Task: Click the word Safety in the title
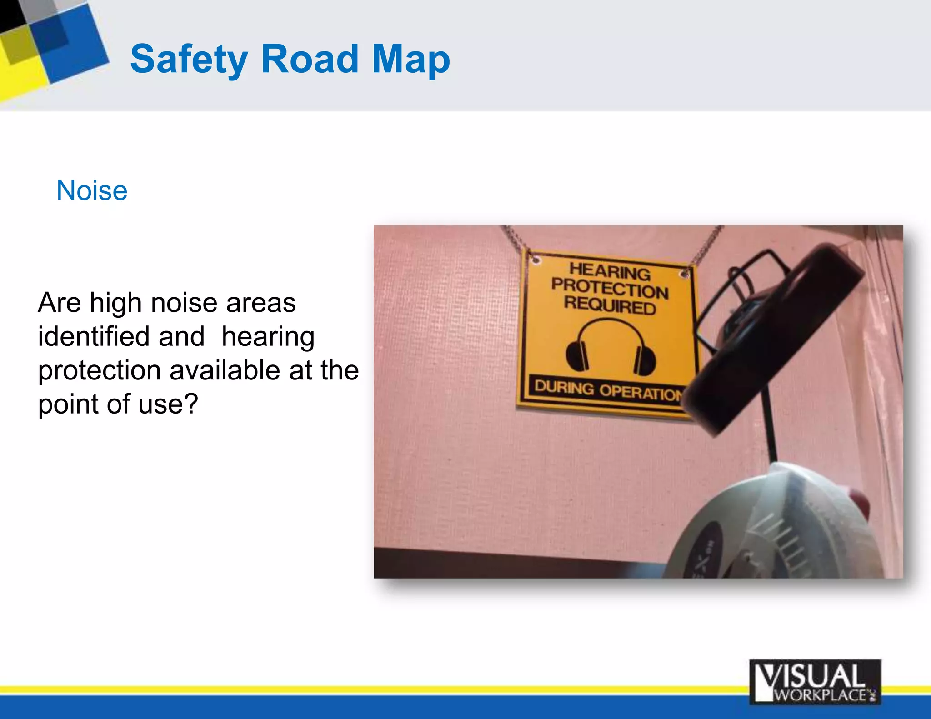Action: (189, 59)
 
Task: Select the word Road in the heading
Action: (310, 59)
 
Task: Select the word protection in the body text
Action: (99, 370)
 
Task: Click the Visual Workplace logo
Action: (815, 682)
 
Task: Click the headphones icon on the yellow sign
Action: (610, 348)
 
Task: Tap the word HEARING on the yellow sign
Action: (610, 271)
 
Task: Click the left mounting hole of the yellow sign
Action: (536, 260)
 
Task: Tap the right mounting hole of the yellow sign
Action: (684, 274)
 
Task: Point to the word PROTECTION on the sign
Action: (610, 288)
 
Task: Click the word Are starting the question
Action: (59, 303)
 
